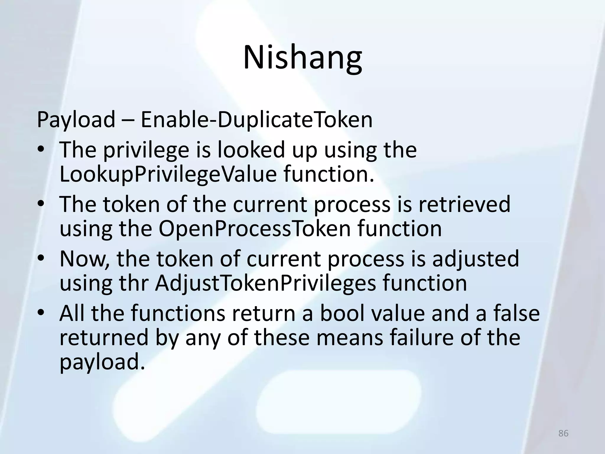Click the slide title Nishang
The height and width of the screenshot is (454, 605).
point(302,58)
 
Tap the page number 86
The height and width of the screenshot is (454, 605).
point(563,433)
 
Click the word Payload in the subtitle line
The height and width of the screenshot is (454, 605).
point(76,120)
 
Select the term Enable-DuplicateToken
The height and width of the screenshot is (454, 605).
point(256,120)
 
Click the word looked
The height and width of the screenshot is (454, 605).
point(251,150)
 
